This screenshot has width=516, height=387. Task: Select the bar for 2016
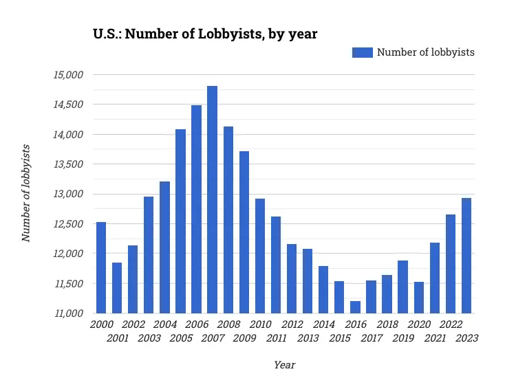pyautogui.click(x=355, y=307)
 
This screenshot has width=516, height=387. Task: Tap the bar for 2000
pyautogui.click(x=101, y=267)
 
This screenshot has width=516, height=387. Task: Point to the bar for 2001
pyautogui.click(x=117, y=287)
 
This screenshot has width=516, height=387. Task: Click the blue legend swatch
pyautogui.click(x=362, y=52)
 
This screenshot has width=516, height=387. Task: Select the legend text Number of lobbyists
pyautogui.click(x=425, y=52)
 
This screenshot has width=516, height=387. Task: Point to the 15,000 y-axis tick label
pyautogui.click(x=68, y=74)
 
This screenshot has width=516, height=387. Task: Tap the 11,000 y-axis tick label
pyautogui.click(x=68, y=313)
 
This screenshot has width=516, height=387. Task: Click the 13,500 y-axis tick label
pyautogui.click(x=68, y=164)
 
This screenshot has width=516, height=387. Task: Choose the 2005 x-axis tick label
pyautogui.click(x=180, y=338)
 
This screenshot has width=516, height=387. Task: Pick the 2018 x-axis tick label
pyautogui.click(x=387, y=324)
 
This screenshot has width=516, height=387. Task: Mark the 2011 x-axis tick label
pyautogui.click(x=275, y=338)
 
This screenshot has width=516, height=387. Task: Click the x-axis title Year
pyautogui.click(x=284, y=365)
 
